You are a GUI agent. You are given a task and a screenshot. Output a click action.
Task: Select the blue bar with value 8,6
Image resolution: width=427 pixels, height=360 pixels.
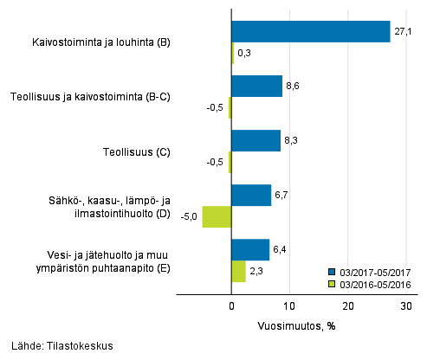[x=257, y=86]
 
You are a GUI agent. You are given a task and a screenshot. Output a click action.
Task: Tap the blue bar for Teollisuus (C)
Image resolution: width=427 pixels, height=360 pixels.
[x=256, y=140]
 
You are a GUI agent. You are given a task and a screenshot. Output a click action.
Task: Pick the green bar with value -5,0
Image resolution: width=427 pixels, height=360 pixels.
[x=217, y=216]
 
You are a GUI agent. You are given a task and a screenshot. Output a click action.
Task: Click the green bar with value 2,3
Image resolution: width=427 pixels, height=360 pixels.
[x=238, y=271]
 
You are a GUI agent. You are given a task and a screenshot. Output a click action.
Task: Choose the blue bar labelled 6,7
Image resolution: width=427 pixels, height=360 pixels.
[x=251, y=195]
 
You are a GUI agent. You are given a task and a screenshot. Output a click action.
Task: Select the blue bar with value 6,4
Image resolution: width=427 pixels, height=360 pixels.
[x=250, y=249]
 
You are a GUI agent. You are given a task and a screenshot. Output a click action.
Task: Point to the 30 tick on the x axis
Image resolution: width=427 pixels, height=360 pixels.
[x=407, y=306]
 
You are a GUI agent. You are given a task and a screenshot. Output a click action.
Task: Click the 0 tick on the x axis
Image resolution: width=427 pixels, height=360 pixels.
[x=232, y=306]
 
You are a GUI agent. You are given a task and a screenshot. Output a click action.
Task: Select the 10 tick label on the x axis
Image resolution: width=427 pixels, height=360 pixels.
[x=290, y=306]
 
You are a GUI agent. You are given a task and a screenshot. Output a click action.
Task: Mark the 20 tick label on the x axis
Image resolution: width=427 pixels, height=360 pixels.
[x=348, y=306]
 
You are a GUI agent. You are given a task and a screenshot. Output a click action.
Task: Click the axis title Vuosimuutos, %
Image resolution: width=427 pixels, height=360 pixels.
[x=296, y=326]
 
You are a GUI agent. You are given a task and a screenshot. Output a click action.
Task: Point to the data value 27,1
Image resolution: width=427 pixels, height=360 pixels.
[x=404, y=32]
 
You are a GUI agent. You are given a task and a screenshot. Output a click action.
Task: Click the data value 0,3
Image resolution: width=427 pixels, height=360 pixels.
[x=244, y=54]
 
